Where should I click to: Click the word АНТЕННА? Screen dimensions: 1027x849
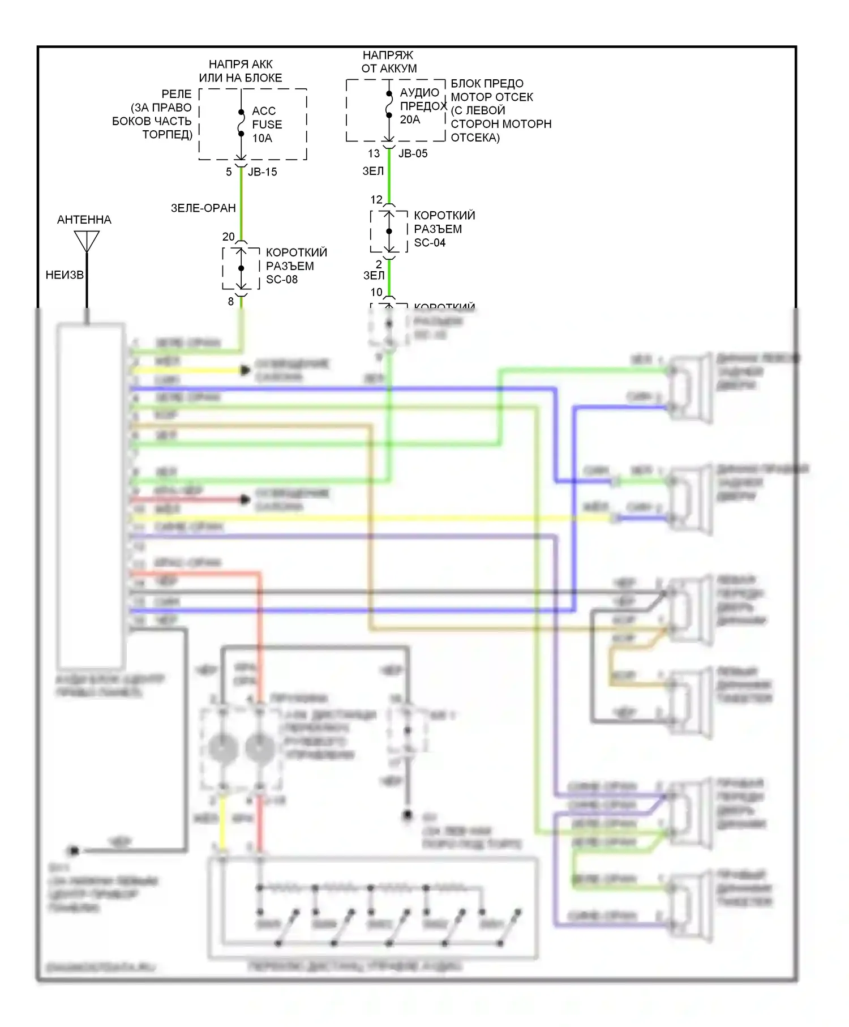coord(84,220)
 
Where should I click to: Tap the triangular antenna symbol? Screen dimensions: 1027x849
coord(87,241)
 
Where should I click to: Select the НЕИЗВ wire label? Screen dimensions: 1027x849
coord(64,275)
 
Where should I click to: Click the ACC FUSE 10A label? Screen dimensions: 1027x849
coord(267,125)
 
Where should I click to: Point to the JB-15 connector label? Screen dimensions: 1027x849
coord(263,172)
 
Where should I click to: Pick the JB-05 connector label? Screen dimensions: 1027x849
coord(413,153)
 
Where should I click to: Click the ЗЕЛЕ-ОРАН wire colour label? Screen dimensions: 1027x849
coord(203,208)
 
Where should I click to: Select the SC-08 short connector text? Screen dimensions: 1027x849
coord(282,280)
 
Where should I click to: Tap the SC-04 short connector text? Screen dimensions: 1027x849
coord(430,243)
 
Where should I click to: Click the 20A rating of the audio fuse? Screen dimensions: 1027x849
coord(410,120)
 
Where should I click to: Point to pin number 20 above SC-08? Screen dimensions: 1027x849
coord(228,237)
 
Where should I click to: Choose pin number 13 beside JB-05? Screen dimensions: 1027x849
coord(374,153)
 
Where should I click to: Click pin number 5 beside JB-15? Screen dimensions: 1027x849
coord(229,172)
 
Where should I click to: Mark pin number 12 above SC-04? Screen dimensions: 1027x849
coord(376,200)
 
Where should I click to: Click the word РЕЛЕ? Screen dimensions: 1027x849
coord(177,94)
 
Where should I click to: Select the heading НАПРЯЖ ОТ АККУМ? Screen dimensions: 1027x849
coord(389,62)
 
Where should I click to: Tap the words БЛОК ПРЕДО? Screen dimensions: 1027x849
coord(487,84)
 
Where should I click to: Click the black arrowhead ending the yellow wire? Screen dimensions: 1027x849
coord(245,370)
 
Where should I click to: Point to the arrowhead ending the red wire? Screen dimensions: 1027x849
coord(245,499)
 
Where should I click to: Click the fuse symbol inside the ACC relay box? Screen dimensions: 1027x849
coord(241,123)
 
